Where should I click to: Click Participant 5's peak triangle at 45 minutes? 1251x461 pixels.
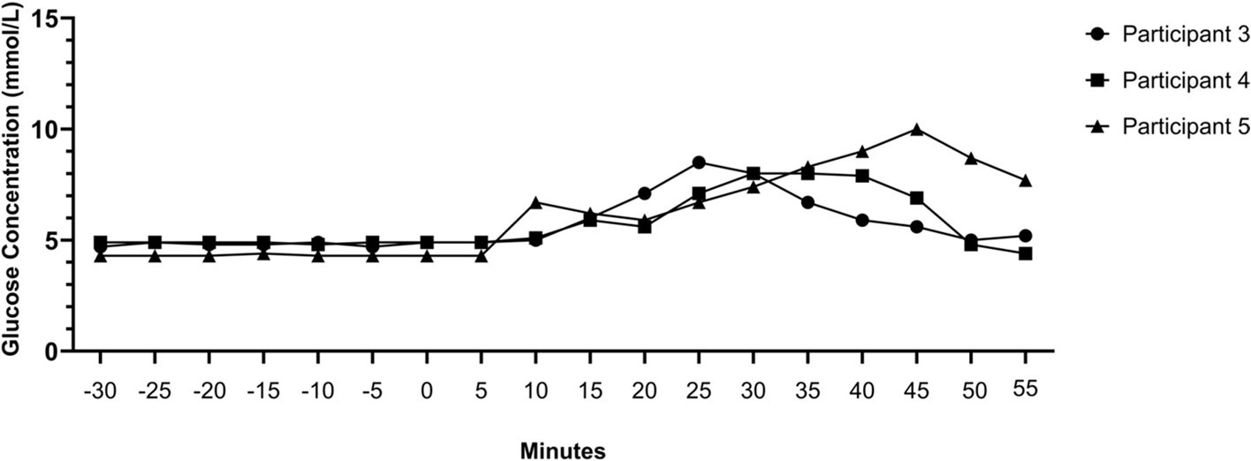click(x=917, y=130)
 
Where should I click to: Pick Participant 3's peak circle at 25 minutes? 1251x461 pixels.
click(x=699, y=162)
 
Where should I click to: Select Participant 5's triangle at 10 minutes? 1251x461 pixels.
click(x=535, y=202)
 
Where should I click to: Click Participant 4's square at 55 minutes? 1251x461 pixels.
click(x=1026, y=253)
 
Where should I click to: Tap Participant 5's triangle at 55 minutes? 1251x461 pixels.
click(x=1026, y=180)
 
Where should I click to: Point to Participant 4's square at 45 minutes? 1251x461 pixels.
click(x=917, y=198)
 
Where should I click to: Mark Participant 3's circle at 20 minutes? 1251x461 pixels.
click(x=645, y=193)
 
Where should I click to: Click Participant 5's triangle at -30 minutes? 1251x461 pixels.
click(x=101, y=256)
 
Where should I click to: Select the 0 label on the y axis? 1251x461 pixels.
click(x=55, y=351)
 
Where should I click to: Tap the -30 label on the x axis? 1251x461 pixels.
click(x=101, y=389)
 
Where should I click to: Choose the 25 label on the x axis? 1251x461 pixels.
click(x=699, y=389)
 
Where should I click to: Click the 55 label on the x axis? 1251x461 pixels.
click(x=1026, y=388)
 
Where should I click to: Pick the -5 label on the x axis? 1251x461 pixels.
click(x=372, y=389)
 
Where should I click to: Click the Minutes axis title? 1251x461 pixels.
click(x=562, y=451)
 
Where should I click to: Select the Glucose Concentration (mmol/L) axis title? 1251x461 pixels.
click(x=11, y=185)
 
